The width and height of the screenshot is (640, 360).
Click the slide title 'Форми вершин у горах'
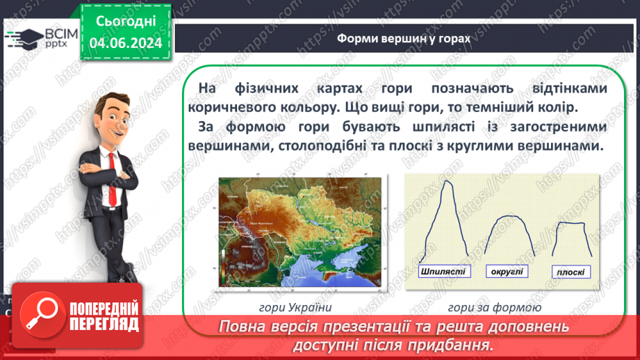pyautogui.click(x=403, y=39)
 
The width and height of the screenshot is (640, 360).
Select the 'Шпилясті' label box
pyautogui.click(x=443, y=271)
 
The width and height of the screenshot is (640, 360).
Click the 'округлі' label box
pyautogui.click(x=507, y=271)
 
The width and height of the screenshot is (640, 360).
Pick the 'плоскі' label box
pyautogui.click(x=571, y=272)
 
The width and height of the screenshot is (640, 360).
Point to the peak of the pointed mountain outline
pyautogui.click(x=448, y=183)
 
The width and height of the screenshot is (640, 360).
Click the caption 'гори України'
pyautogui.click(x=300, y=306)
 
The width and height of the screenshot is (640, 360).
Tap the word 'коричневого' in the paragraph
pyautogui.click(x=233, y=108)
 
